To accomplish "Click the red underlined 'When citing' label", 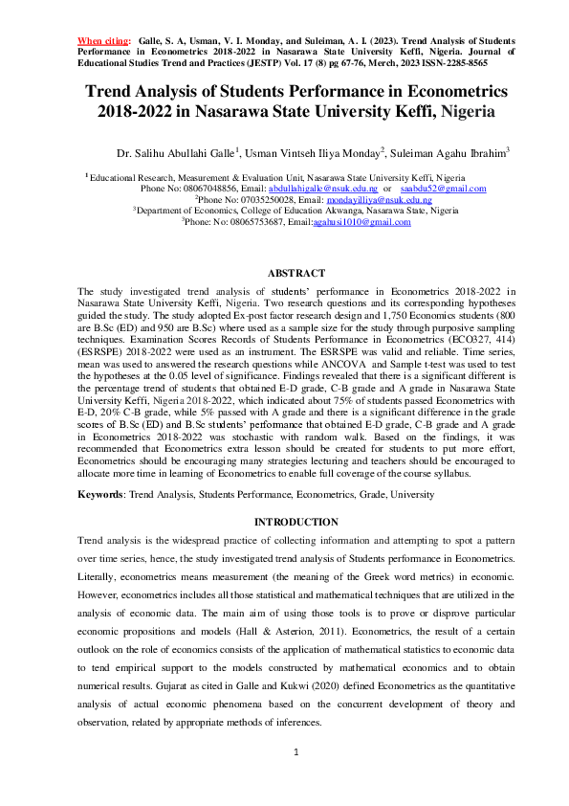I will (x=102, y=42).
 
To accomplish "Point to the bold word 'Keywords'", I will (x=100, y=495).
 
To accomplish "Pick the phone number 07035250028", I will (x=230, y=200).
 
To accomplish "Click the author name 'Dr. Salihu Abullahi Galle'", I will (x=175, y=153).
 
